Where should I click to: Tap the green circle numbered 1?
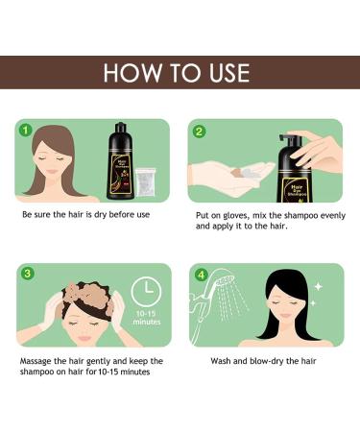[x=27, y=130]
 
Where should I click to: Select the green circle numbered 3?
[x=27, y=274]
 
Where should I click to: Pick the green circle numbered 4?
[x=199, y=274]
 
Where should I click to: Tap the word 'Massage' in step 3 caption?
[x=39, y=361]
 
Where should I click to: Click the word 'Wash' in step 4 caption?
[x=223, y=361]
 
